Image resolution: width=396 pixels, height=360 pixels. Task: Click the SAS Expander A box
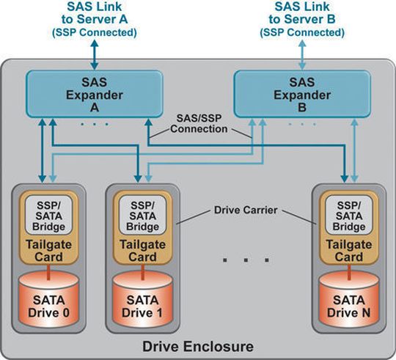[x=95, y=94]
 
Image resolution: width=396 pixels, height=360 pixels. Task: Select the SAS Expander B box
[x=302, y=94]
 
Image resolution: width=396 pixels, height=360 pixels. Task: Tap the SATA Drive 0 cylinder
[x=48, y=300]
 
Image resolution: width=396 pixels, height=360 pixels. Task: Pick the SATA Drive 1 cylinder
[x=143, y=300]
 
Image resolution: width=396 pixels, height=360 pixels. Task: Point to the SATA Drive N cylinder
[x=349, y=300]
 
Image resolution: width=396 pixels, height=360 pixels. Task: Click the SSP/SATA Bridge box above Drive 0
[x=48, y=215]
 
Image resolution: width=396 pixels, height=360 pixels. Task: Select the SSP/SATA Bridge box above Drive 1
[x=143, y=215]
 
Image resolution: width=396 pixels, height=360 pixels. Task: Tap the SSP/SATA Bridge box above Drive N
[x=349, y=215]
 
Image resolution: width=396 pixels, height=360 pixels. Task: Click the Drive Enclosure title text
[x=198, y=346]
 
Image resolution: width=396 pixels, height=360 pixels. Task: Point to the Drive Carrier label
[x=246, y=210]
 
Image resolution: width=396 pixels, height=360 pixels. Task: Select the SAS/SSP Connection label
[x=199, y=123]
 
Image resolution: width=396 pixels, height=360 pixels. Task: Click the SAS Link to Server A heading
[x=95, y=20]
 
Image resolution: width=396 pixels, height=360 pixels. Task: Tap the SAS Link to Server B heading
[x=302, y=20]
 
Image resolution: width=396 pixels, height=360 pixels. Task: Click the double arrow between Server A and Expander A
[x=95, y=55]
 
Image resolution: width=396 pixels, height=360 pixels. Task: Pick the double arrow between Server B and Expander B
[x=302, y=55]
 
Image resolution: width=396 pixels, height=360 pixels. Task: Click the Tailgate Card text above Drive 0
[x=48, y=251]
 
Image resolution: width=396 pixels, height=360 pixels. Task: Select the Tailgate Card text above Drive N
[x=349, y=251]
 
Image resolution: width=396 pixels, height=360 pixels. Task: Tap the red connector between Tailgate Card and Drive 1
[x=143, y=272]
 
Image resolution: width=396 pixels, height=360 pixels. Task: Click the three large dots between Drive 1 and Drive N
[x=246, y=260]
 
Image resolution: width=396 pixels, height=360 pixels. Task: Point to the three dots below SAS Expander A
[x=95, y=124]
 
